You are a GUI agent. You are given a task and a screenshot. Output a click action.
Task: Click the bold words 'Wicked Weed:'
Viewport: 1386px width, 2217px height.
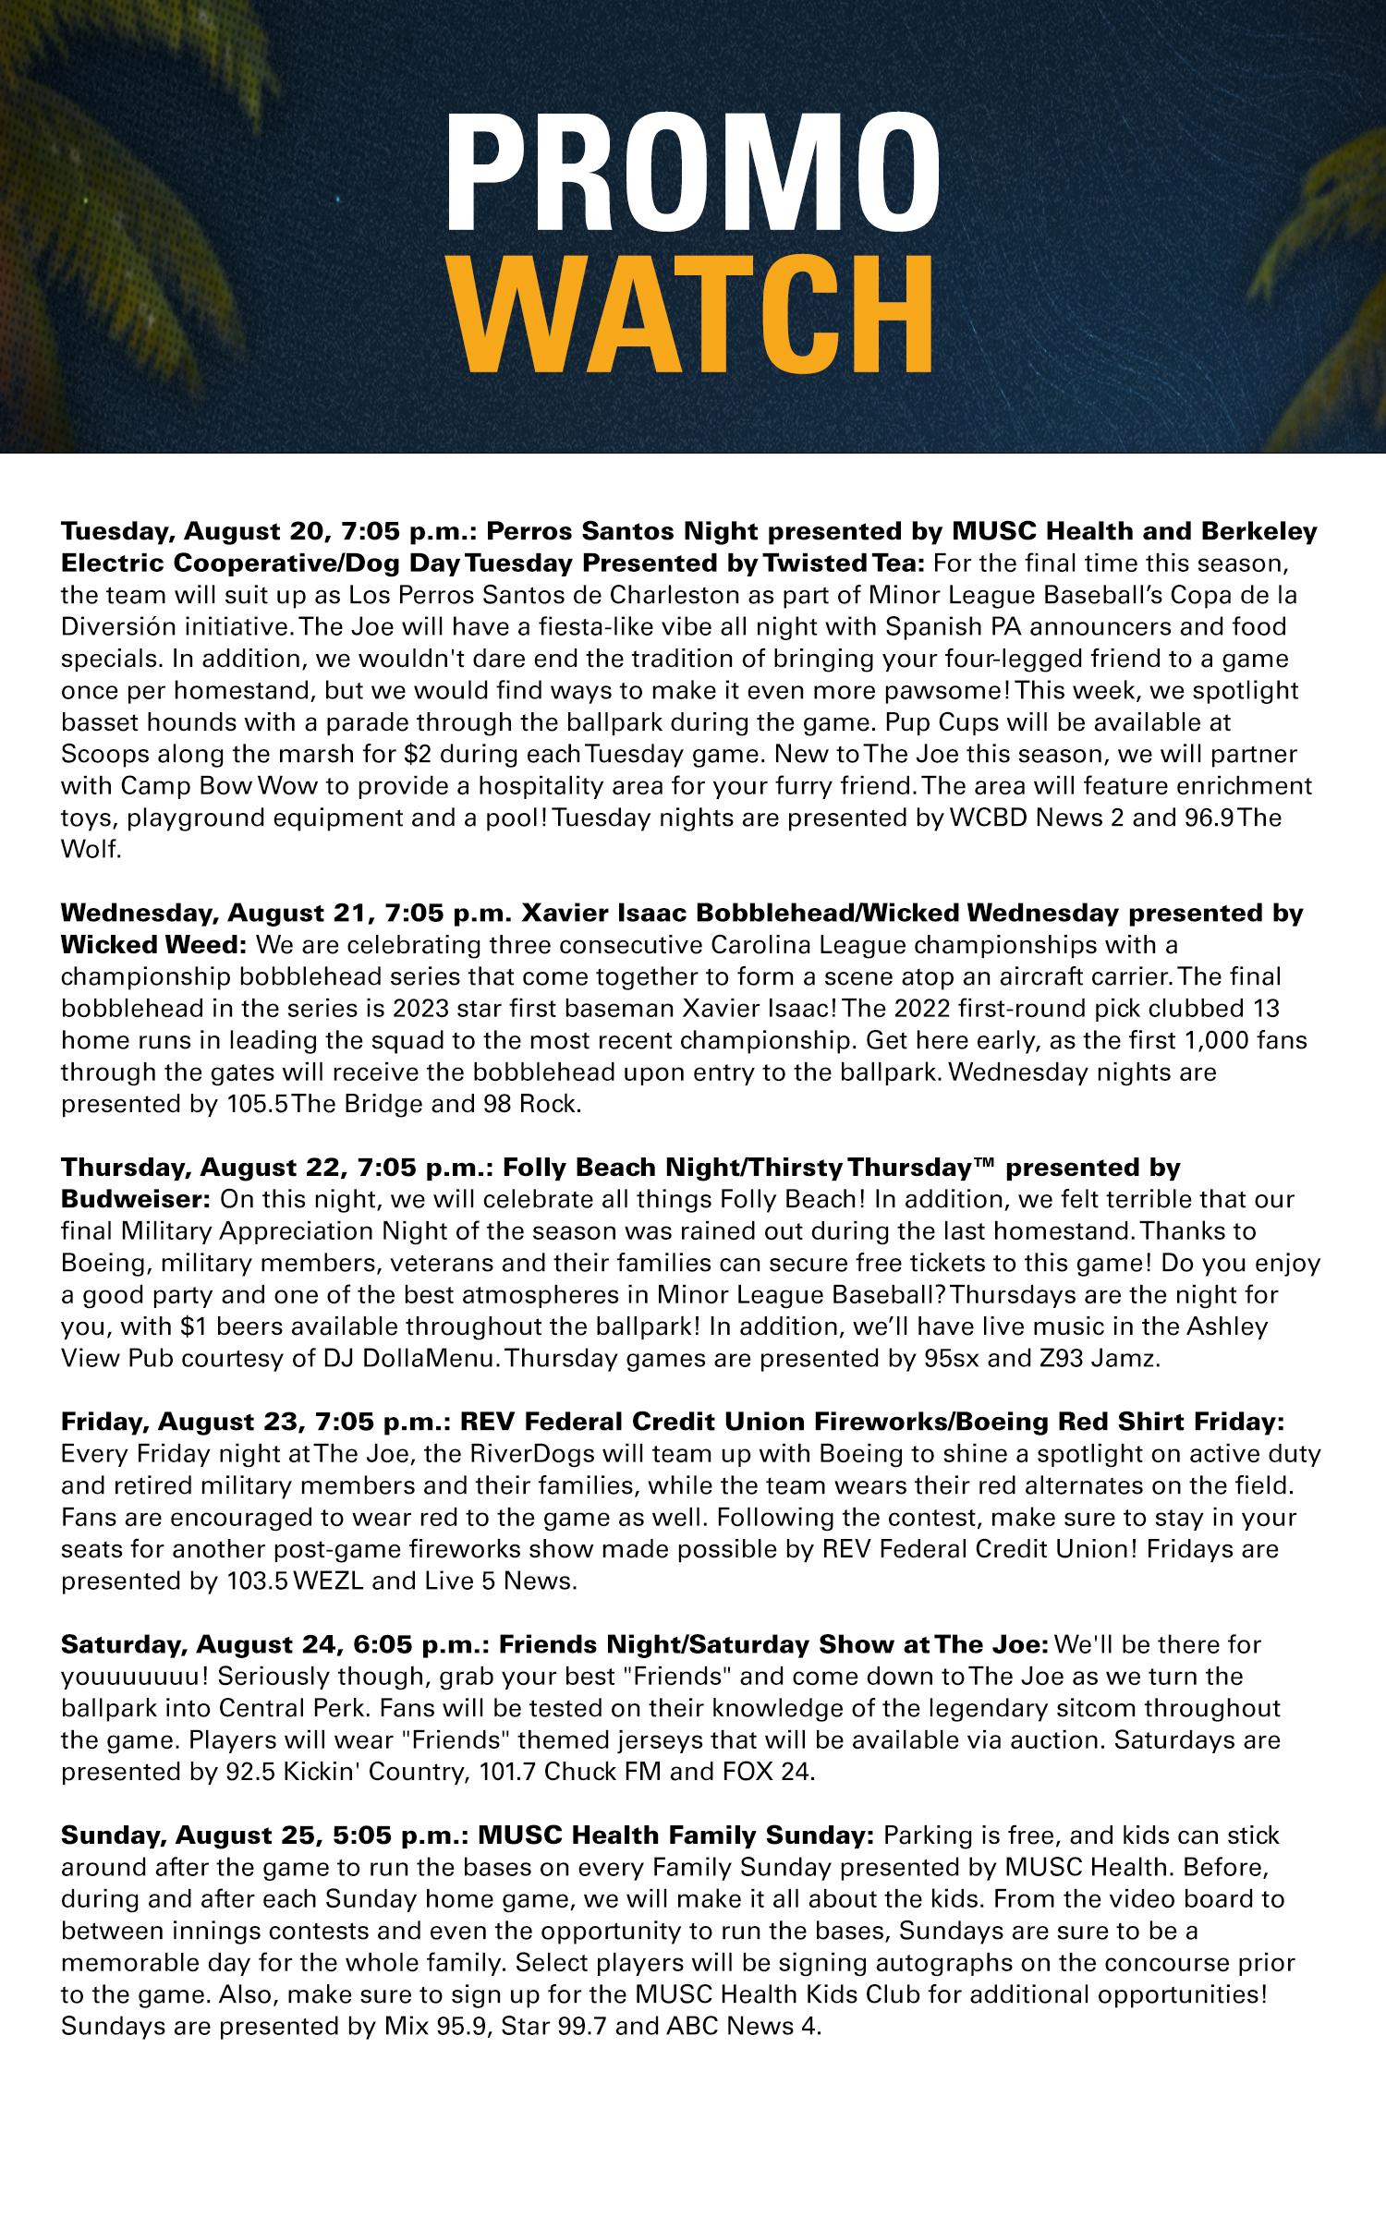click(153, 945)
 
